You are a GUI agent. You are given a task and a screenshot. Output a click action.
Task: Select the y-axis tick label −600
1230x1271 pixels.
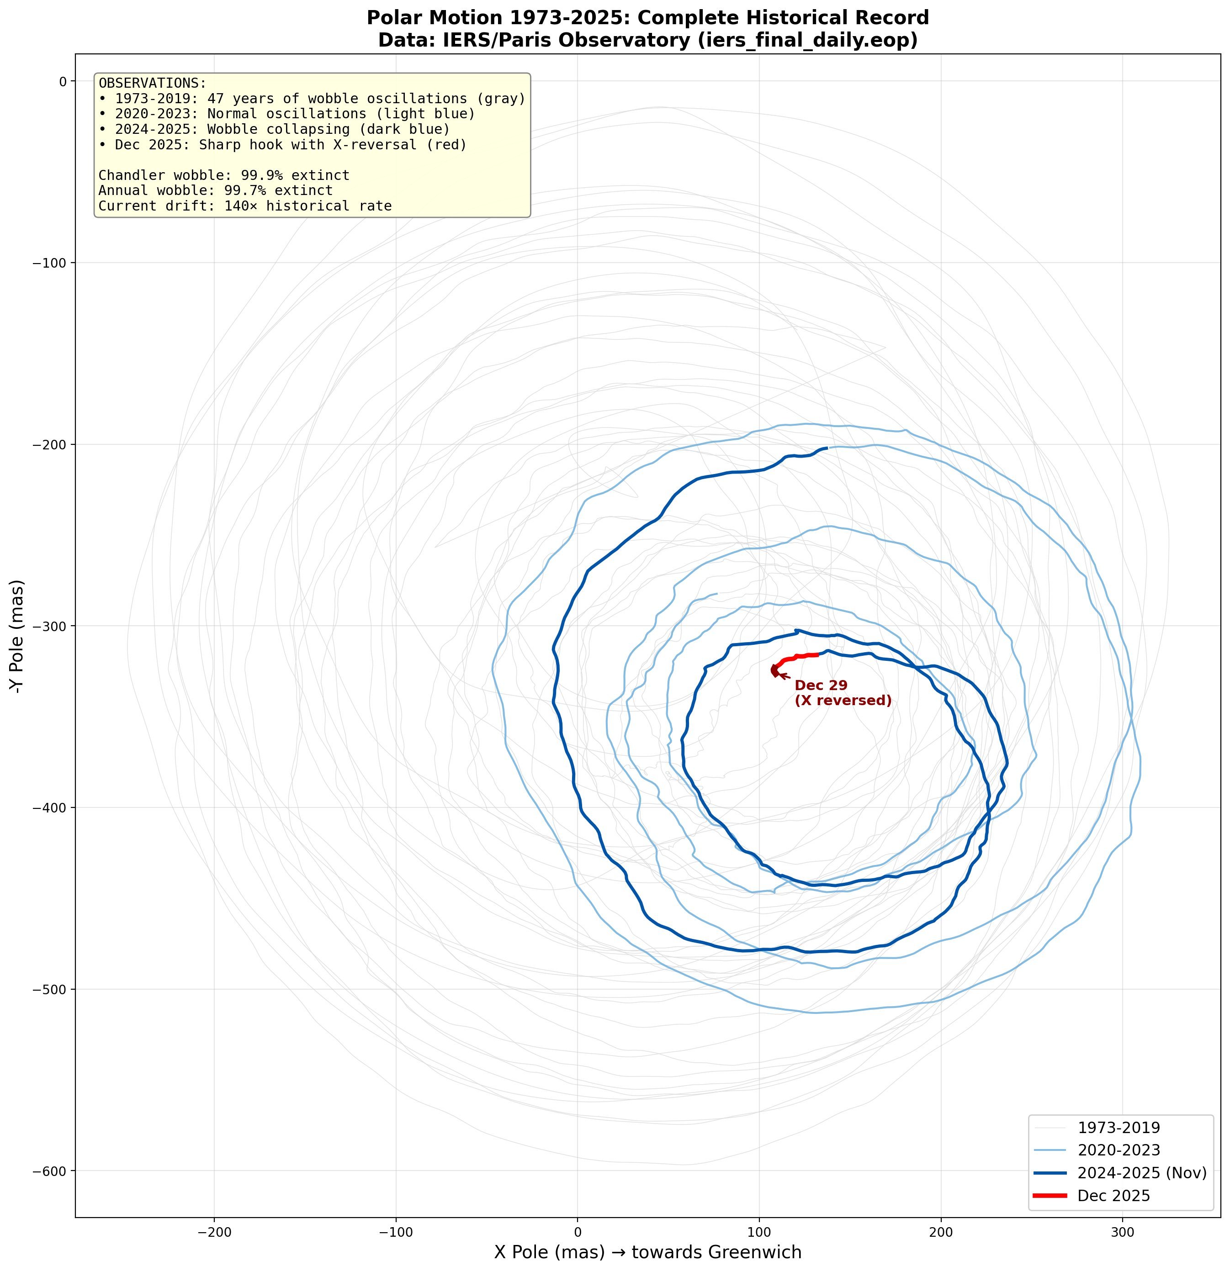[49, 1171]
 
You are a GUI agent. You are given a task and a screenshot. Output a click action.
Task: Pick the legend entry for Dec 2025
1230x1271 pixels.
[1113, 1196]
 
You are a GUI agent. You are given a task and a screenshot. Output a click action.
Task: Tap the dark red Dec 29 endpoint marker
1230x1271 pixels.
[774, 670]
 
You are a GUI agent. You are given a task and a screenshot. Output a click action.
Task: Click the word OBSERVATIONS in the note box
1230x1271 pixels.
[152, 84]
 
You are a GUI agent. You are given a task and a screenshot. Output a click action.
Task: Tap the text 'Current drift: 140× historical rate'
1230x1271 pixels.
[244, 206]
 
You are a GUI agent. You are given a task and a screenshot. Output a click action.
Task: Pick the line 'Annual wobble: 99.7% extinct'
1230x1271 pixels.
[215, 190]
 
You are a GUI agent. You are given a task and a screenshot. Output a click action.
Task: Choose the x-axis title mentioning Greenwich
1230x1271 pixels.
[647, 1251]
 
